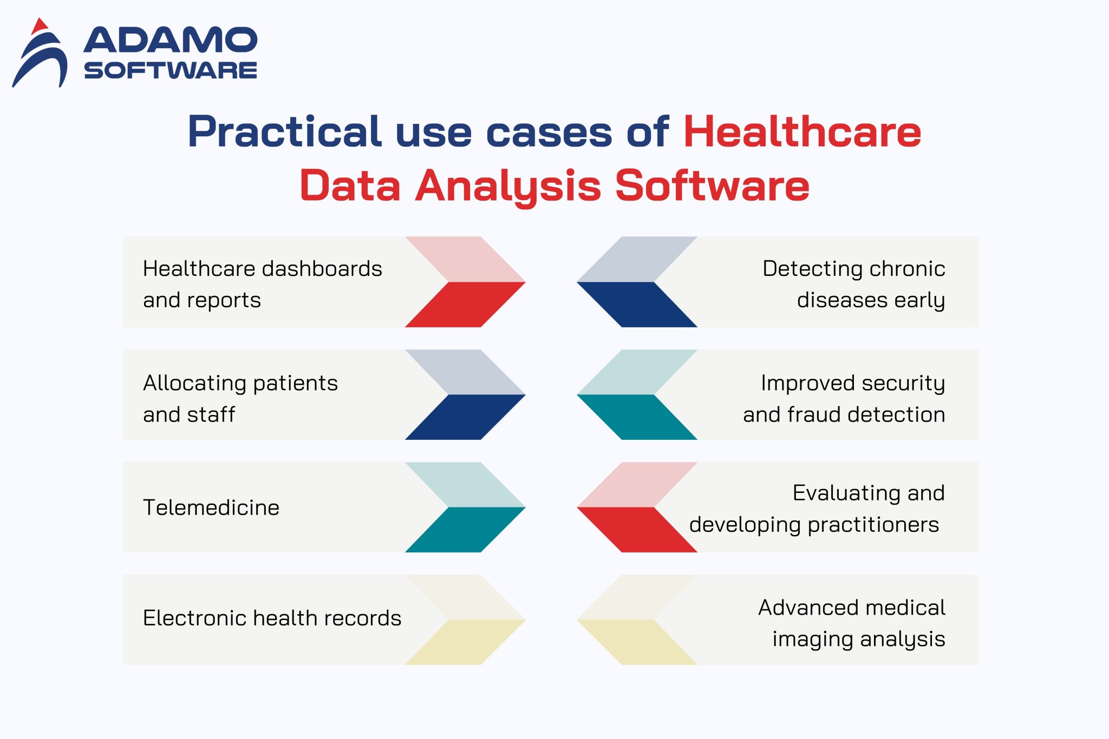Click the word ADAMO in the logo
(170, 41)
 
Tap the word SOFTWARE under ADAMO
(170, 71)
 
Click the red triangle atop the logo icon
(39, 25)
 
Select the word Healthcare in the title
(802, 132)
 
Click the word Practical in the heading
(285, 132)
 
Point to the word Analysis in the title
(508, 186)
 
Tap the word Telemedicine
(211, 507)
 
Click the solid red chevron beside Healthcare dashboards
(465, 304)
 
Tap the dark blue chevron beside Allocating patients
(465, 417)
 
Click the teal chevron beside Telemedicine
(465, 529)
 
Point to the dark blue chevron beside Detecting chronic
(638, 304)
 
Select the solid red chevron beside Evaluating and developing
(638, 529)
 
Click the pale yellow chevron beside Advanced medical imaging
(638, 642)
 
